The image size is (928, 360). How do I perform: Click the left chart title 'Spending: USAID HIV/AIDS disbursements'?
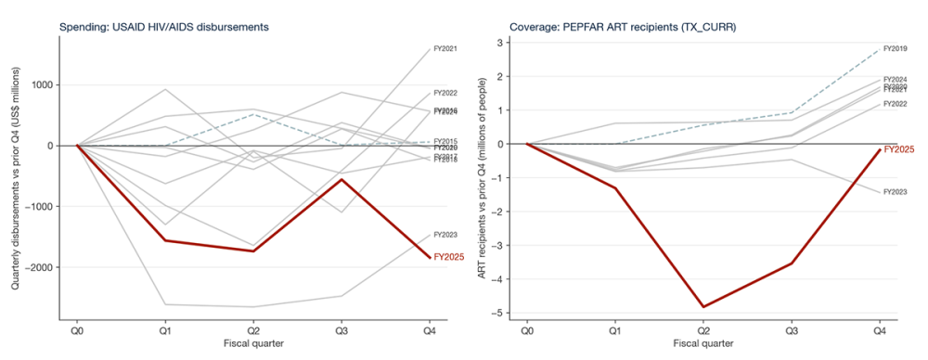coord(164,27)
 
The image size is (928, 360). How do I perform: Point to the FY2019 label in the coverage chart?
coord(896,48)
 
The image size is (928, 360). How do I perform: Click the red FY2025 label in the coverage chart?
coord(898,148)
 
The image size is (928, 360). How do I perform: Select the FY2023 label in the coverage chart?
coord(896,192)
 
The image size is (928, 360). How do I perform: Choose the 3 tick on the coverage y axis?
coord(500,43)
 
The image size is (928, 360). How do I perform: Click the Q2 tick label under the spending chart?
coord(253,329)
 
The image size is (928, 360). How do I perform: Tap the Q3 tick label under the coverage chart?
coord(791,329)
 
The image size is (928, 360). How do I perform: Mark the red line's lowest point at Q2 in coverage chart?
coord(703,306)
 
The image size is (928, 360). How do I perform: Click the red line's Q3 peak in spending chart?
coord(342,179)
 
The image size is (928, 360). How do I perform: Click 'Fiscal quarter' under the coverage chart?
coord(703,343)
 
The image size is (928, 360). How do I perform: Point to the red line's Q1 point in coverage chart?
coord(615,188)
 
